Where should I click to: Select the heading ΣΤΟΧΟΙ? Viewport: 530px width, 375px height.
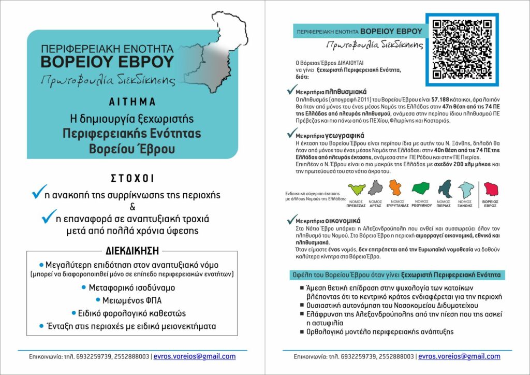click(x=132, y=178)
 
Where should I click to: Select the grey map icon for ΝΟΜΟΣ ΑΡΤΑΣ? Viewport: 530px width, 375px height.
click(x=375, y=187)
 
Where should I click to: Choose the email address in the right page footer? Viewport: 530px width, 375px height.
click(x=459, y=356)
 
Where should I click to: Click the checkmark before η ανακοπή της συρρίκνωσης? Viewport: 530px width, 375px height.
click(x=39, y=193)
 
